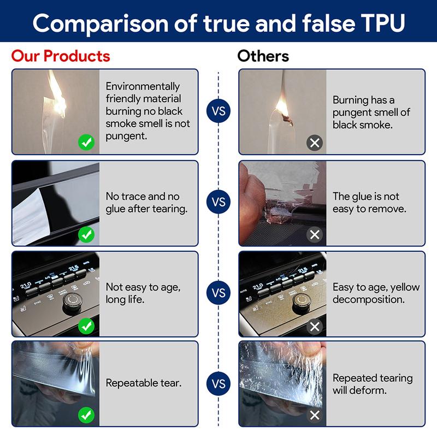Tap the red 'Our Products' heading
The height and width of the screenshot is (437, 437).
click(61, 56)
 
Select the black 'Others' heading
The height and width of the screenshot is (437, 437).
click(263, 56)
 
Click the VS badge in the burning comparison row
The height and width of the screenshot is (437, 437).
click(218, 111)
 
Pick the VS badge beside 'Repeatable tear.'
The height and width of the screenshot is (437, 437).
click(218, 383)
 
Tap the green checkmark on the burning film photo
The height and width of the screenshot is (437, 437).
click(86, 143)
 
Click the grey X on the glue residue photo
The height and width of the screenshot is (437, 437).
click(315, 235)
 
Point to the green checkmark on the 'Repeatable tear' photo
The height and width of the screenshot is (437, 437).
click(86, 415)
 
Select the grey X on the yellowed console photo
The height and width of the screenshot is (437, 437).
click(315, 326)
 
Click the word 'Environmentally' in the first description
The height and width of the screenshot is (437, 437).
click(143, 87)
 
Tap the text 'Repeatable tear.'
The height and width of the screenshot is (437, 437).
click(144, 383)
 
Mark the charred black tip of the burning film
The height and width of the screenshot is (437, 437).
click(288, 120)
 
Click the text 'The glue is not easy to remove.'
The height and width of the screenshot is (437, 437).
click(369, 203)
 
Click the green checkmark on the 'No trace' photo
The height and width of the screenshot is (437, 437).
click(86, 235)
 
